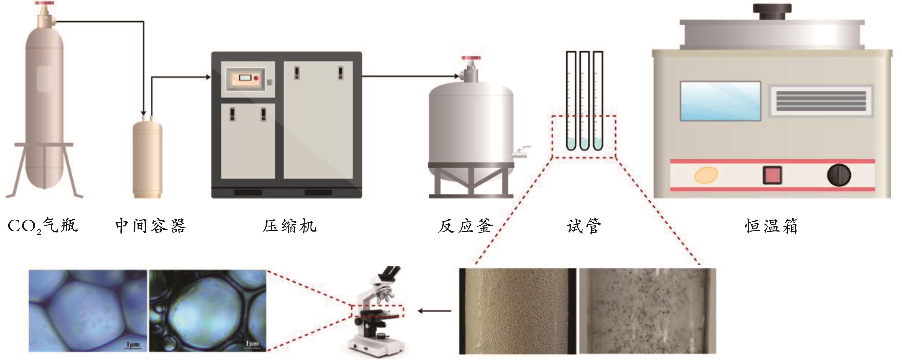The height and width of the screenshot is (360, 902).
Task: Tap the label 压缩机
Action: pyautogui.click(x=289, y=226)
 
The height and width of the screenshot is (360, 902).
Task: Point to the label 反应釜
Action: pyautogui.click(x=465, y=226)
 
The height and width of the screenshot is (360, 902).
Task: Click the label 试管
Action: pyautogui.click(x=584, y=226)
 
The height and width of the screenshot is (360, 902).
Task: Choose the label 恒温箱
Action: pyautogui.click(x=771, y=226)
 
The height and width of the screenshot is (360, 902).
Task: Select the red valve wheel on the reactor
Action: pyautogui.click(x=471, y=58)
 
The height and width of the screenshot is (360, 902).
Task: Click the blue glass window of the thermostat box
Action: pyautogui.click(x=720, y=101)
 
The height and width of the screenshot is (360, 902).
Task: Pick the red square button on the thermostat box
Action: pyautogui.click(x=772, y=175)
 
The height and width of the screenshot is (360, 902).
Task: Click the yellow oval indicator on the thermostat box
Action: pyautogui.click(x=706, y=175)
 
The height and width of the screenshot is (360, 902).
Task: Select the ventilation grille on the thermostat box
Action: pyautogui.click(x=821, y=101)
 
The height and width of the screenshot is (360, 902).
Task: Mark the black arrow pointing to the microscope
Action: pyautogui.click(x=434, y=311)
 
